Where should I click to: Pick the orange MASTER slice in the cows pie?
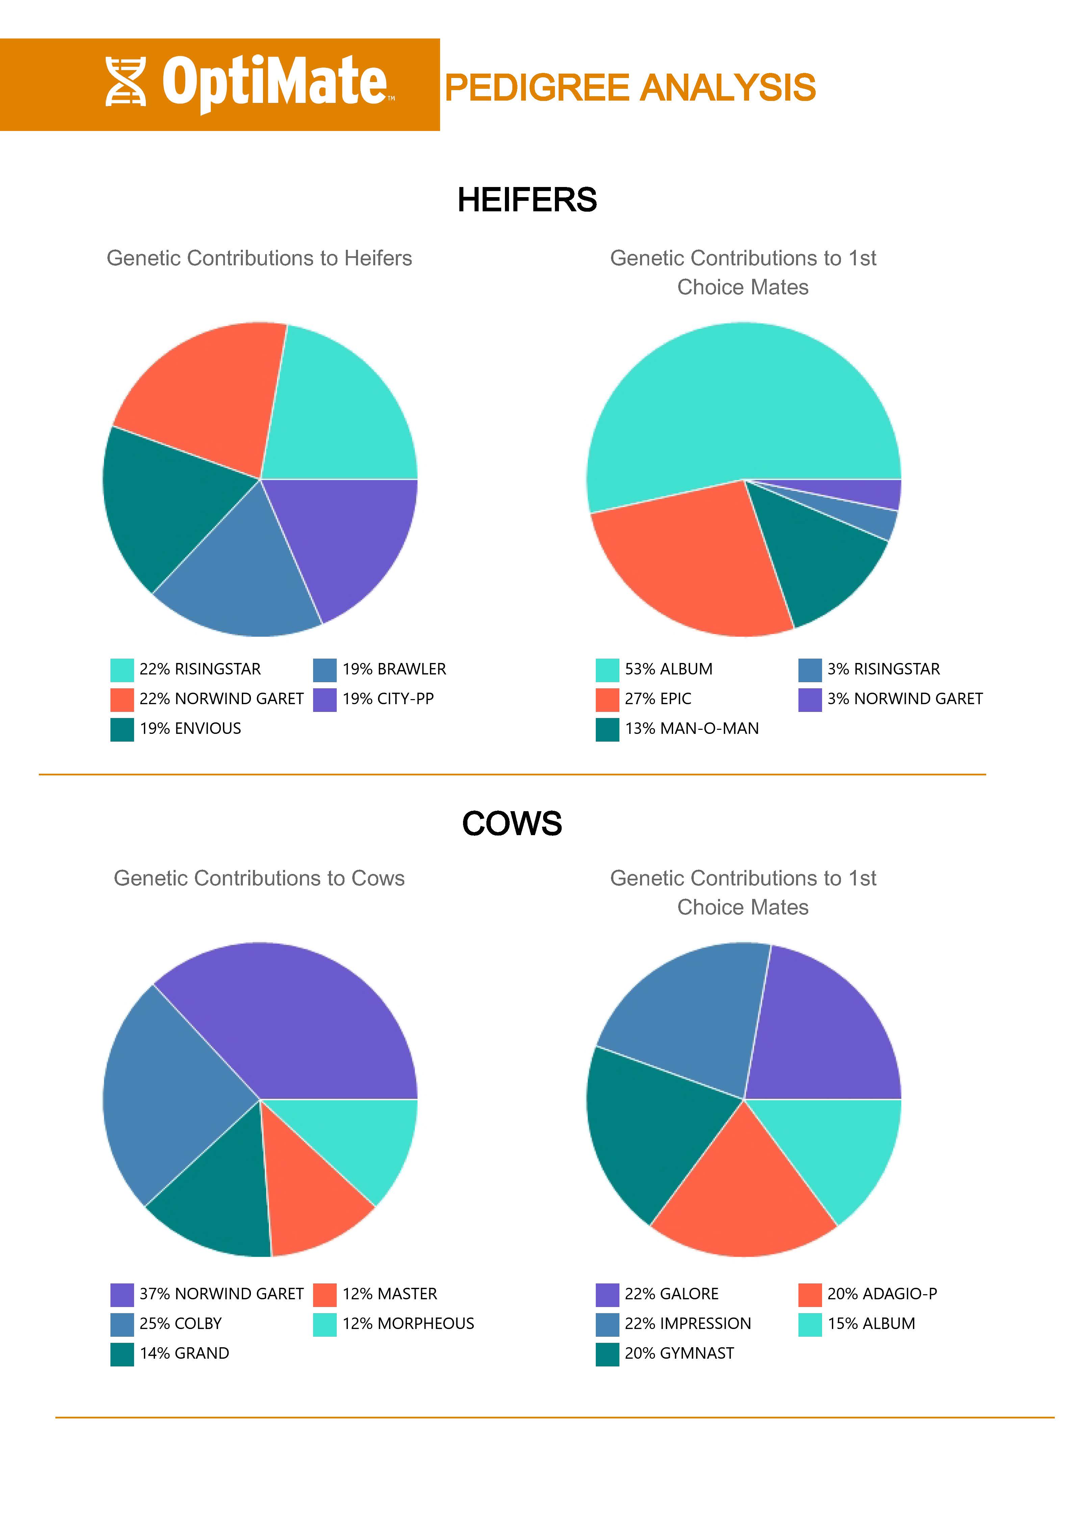pyautogui.click(x=314, y=1195)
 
